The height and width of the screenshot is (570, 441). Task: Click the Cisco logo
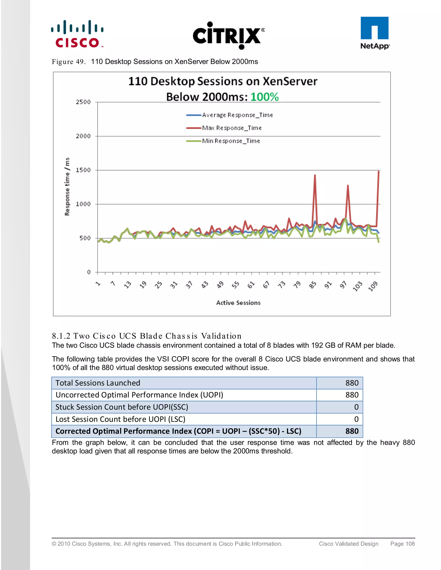click(77, 34)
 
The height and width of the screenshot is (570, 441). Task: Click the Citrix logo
click(228, 35)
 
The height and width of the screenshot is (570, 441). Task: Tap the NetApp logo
click(375, 33)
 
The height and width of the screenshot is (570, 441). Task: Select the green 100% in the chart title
click(264, 97)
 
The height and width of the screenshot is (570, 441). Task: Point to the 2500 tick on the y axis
click(83, 102)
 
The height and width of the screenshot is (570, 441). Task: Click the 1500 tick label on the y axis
click(83, 170)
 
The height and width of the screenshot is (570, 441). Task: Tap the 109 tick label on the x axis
click(373, 286)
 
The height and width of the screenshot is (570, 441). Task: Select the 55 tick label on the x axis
click(235, 285)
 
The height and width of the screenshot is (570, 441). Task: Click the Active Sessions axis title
click(238, 303)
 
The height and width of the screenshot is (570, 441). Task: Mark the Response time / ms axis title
click(67, 187)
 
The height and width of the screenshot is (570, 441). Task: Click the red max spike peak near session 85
click(315, 175)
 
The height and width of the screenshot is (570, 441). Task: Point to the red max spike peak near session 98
click(348, 186)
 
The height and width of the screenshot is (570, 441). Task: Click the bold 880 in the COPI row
click(352, 431)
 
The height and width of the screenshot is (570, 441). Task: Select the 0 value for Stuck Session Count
click(356, 407)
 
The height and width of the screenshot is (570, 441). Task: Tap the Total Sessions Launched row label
click(98, 383)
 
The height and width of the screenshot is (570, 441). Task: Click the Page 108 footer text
click(402, 544)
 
